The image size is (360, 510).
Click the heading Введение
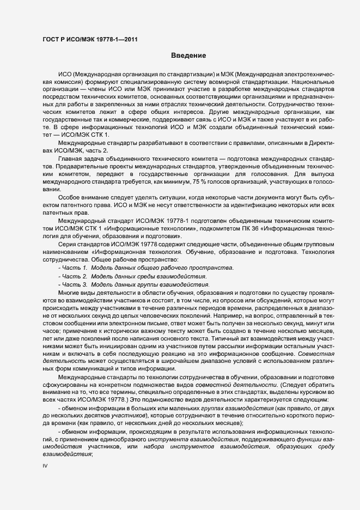point(188,56)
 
